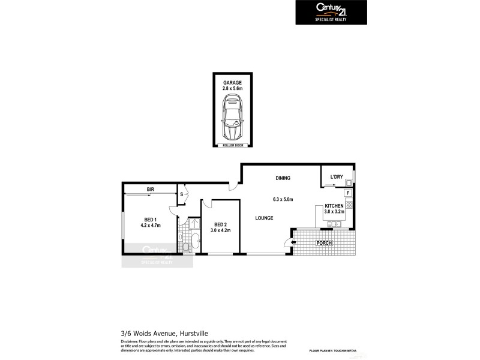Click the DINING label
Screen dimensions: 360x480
pos(283,178)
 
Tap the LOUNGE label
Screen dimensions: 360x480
pos(264,218)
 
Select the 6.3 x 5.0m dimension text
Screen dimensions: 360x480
pos(283,199)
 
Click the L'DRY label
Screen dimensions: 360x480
pos(337,177)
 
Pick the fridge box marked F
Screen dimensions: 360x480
pos(348,193)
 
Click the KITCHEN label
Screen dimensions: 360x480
pos(334,206)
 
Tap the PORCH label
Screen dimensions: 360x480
pos(325,242)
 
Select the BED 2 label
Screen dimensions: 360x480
pos(220,224)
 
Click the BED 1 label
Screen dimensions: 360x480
pos(150,219)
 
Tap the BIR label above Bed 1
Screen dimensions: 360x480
pos(151,190)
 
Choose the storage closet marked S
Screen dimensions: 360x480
pos(181,194)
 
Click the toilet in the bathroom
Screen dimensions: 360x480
pos(187,245)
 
